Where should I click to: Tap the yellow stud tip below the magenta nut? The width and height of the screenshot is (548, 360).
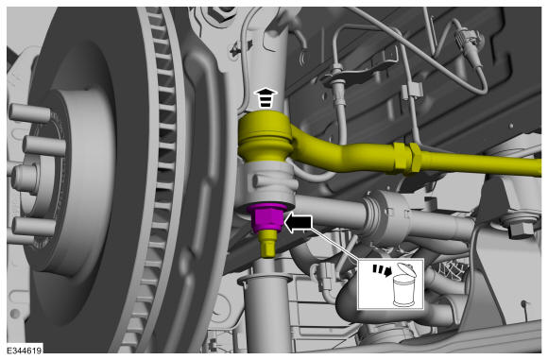[268, 244]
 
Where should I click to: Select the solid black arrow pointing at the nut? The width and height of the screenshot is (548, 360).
[299, 224]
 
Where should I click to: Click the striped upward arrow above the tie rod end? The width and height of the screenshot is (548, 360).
[265, 98]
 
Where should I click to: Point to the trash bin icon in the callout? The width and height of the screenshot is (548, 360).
[404, 285]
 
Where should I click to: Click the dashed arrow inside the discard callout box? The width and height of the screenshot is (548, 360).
[382, 270]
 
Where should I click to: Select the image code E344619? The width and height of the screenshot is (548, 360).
[25, 351]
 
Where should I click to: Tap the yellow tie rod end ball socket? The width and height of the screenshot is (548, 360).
[265, 137]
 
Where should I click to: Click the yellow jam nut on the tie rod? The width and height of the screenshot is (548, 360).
[407, 159]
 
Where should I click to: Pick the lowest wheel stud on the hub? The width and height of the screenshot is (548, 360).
[33, 227]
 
